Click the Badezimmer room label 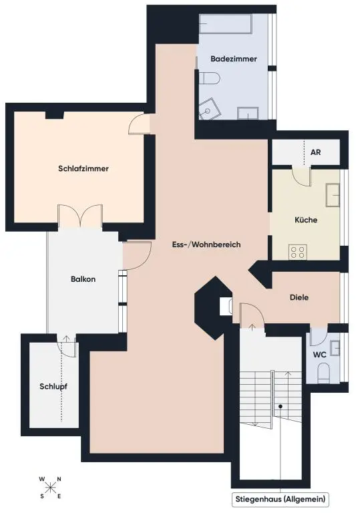(x=234, y=59)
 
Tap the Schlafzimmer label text (x=83, y=169)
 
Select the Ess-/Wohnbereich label (x=206, y=245)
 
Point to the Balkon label (x=83, y=279)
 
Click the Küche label (x=306, y=220)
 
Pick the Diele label (x=299, y=298)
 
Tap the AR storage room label (x=316, y=152)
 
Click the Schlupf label (x=53, y=386)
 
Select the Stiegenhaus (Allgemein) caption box (x=281, y=499)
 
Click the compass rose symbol (x=50, y=486)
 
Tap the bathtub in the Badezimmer (x=224, y=27)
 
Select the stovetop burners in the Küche (x=298, y=252)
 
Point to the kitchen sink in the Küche (x=333, y=195)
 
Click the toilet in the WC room (x=324, y=372)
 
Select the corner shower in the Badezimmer (x=212, y=107)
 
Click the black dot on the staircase (x=281, y=406)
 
